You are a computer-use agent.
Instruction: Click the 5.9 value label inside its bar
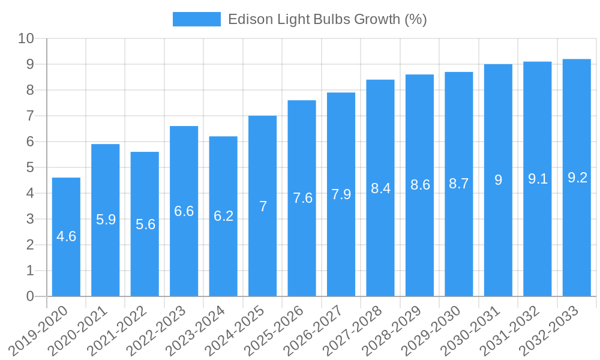point(106,220)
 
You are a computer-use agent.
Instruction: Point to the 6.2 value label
point(223,216)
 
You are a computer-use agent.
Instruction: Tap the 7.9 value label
point(341,194)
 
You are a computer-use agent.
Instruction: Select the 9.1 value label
point(538,179)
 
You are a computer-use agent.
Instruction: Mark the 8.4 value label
point(380,188)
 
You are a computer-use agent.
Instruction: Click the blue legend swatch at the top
point(196,19)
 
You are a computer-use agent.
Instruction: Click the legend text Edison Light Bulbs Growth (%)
point(327,19)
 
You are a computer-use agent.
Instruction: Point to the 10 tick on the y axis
point(26,39)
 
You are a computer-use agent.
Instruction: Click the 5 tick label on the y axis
point(30,168)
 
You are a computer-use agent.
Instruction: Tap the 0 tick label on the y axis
point(30,296)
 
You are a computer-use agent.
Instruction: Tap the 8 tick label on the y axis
point(30,91)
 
